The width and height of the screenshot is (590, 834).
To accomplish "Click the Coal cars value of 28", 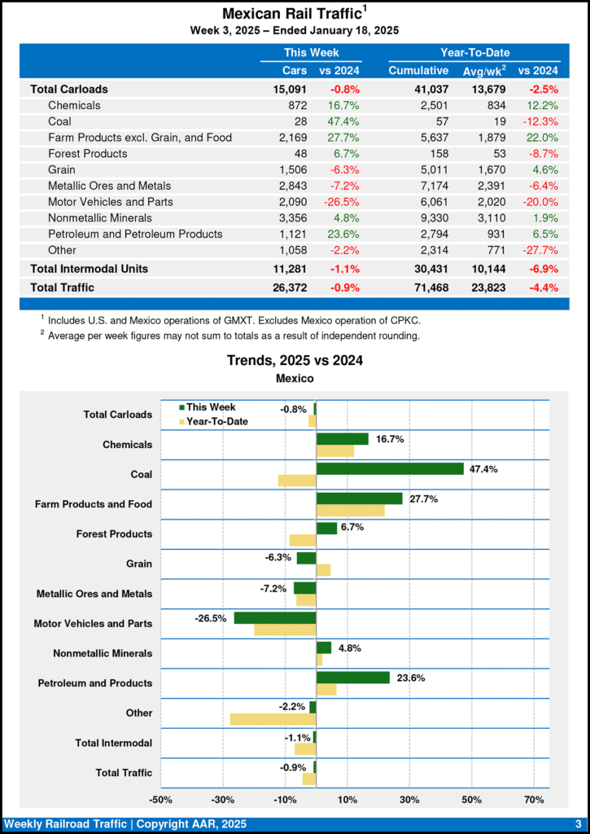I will coord(298,121).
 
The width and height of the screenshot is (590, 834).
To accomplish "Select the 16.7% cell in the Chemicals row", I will coord(343,105).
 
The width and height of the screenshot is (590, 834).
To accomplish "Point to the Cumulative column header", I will coord(418,71).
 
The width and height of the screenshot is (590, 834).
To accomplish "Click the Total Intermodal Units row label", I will coord(89,268).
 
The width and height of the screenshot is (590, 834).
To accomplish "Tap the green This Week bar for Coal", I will coord(390,468).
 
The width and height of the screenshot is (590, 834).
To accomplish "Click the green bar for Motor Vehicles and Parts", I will coord(275,617).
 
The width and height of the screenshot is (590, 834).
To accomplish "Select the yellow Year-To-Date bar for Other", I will coord(273,719).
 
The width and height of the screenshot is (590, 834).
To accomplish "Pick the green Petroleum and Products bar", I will coord(353,678).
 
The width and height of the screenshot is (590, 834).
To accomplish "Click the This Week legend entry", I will coord(210,407).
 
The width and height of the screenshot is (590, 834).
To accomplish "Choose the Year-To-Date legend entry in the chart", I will coord(216,421).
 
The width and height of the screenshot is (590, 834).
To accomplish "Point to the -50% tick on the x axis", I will coord(160,800).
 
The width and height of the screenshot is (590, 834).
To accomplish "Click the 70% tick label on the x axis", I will coord(534,800).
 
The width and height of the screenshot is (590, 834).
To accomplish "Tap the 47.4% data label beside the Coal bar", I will coord(483,469).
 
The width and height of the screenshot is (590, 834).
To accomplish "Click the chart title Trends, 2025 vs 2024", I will coord(294,360).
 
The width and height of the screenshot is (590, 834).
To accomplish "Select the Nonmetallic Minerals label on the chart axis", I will coord(103,653).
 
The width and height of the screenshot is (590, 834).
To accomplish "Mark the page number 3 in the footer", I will coord(578,824).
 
